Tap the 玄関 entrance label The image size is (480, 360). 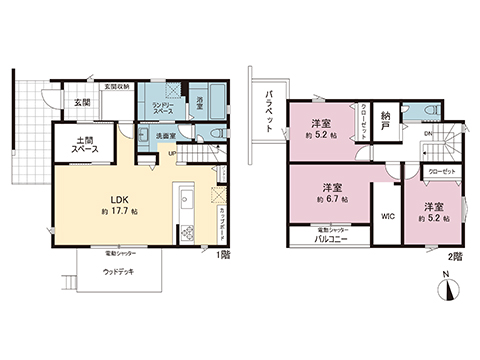click(x=81, y=103)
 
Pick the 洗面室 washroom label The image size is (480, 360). click(x=166, y=136)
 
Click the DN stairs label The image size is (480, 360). click(x=427, y=134)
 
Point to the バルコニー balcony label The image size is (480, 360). click(x=330, y=240)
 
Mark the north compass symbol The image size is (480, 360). click(x=448, y=289)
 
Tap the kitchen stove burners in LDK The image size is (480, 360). click(x=184, y=234)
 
